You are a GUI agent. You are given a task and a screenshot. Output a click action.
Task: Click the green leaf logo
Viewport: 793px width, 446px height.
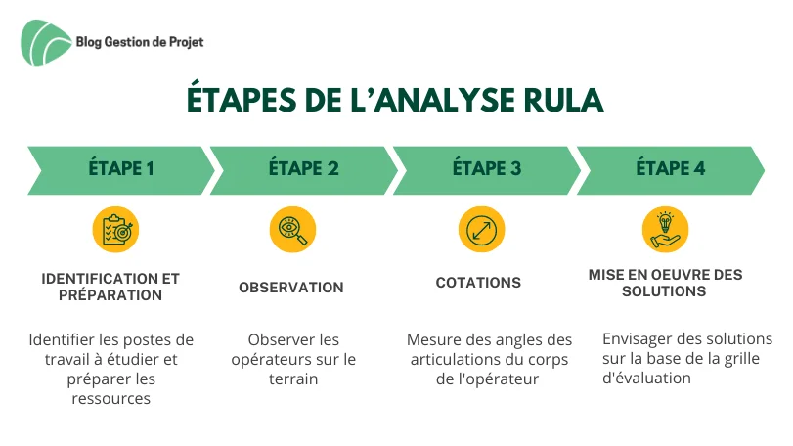point(46,42)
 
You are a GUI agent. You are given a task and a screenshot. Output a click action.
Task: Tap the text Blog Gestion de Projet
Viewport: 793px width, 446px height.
point(140,42)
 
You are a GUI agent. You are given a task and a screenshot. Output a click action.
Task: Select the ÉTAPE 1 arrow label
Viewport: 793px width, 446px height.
point(121,168)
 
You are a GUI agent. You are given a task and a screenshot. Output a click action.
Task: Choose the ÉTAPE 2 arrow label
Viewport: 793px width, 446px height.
point(303,168)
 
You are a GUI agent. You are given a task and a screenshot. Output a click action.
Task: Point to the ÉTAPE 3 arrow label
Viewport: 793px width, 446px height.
point(487,168)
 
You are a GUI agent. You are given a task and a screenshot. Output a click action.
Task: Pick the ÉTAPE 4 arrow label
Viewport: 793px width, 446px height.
point(670,168)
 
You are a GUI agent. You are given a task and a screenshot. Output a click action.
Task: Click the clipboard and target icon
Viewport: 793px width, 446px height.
point(115,230)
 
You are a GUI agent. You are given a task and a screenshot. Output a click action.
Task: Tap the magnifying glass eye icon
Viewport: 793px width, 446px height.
point(292,230)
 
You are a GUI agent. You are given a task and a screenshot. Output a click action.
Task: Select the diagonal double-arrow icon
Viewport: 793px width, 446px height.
point(481,230)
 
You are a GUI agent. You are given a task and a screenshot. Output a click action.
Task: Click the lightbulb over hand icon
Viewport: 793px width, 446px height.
point(666,230)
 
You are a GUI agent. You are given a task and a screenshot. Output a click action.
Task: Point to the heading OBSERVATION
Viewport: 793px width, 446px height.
point(291,288)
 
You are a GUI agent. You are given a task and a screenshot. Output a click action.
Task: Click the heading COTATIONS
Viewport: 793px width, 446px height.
point(478,282)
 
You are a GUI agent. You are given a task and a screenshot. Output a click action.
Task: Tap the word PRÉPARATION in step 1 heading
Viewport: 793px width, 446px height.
point(110,294)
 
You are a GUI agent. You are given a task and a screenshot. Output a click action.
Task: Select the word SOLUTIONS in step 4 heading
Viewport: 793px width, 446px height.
point(664,291)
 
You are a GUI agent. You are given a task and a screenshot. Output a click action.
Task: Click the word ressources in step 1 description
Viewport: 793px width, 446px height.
point(111,398)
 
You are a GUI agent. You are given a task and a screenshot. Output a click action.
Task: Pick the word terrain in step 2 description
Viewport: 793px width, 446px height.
point(293,379)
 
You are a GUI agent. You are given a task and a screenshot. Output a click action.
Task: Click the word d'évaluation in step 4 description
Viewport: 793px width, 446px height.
point(646,378)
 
